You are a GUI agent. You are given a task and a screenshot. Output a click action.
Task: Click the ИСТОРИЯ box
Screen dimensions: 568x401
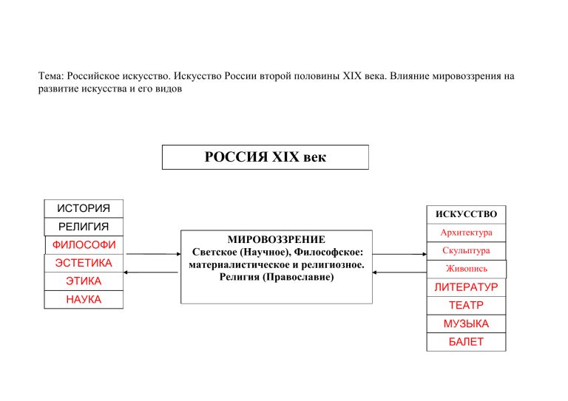pos(84,209)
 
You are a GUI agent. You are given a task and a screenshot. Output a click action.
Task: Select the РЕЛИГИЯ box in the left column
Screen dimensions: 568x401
pos(84,227)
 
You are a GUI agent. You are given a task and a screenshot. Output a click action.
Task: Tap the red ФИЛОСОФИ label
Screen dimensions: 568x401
pos(84,244)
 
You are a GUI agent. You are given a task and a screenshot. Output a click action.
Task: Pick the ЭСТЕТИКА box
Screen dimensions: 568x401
pos(84,263)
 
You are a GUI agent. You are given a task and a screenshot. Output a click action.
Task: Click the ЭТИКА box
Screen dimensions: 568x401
pos(84,281)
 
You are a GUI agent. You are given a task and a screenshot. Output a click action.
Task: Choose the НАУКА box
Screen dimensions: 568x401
pos(84,299)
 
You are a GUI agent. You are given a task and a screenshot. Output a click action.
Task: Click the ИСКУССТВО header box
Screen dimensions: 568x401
pos(466,215)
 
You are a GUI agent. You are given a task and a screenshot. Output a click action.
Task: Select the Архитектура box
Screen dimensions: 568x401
pos(466,233)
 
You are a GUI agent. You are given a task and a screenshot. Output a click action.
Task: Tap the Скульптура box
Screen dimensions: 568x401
pos(466,251)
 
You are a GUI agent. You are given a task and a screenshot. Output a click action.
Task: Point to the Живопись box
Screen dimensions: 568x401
pos(467,269)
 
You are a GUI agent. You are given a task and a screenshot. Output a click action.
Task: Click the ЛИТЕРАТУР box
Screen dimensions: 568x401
pos(466,287)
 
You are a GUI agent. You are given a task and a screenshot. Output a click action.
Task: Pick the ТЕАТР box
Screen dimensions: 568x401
pos(466,306)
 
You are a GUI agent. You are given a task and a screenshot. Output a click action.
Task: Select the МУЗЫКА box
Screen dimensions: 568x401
pos(466,323)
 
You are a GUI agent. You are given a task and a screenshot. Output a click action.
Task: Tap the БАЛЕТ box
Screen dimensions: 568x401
pos(466,342)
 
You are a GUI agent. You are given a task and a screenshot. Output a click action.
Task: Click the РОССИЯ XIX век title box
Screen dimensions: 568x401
pos(266,157)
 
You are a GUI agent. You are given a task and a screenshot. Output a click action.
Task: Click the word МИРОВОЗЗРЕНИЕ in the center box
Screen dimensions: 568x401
pos(277,240)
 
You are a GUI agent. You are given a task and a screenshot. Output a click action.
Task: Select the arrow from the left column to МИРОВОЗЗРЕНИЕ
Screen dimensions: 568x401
pos(154,254)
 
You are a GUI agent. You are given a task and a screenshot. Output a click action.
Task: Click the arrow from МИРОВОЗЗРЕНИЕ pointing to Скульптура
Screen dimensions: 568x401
pos(399,254)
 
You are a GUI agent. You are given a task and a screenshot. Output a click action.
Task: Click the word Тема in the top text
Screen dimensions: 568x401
pos(51,76)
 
